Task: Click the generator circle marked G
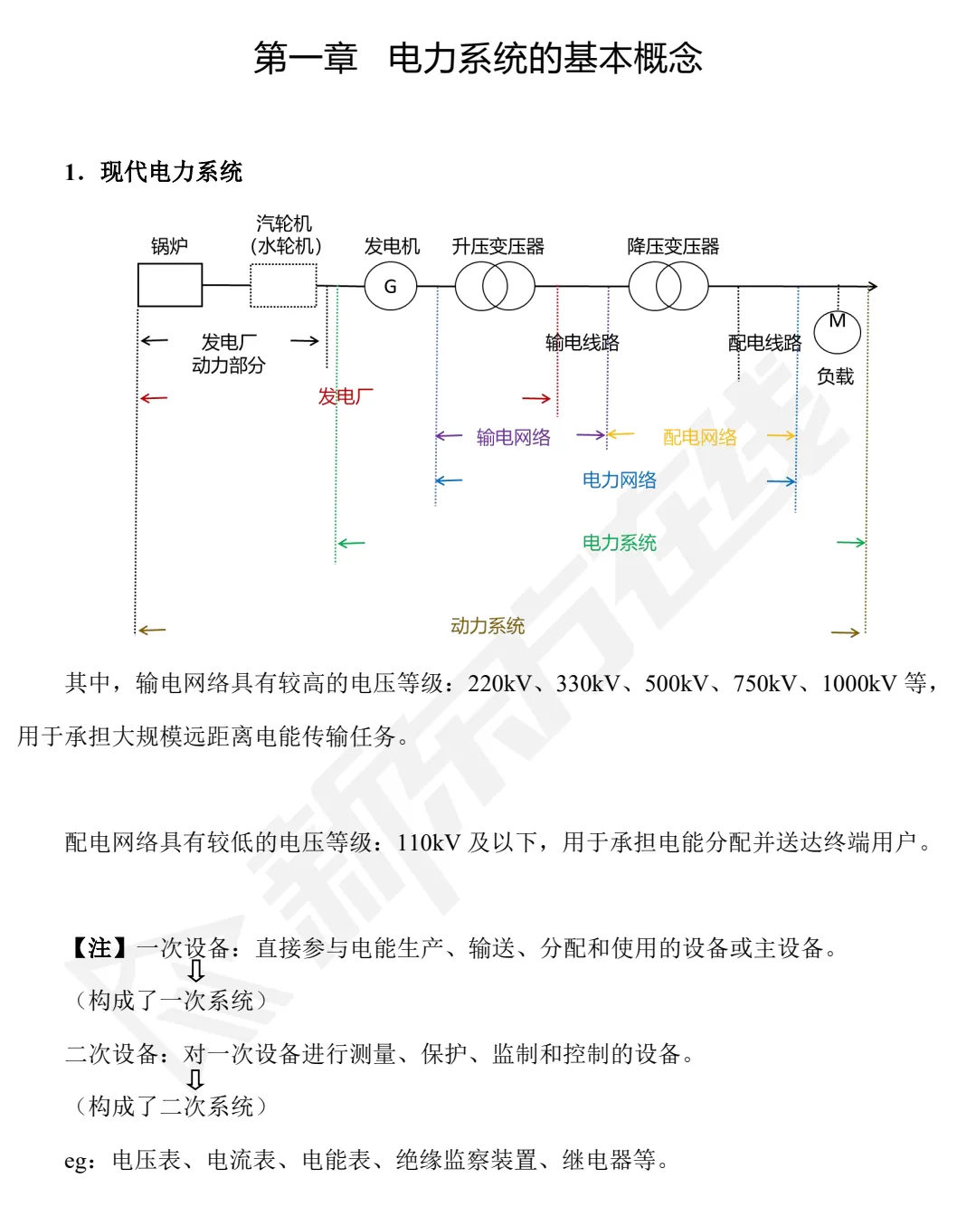(x=391, y=287)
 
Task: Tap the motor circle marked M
(x=837, y=330)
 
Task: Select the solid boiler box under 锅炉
(x=170, y=285)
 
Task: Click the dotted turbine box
(x=283, y=285)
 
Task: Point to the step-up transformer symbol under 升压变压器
(x=495, y=287)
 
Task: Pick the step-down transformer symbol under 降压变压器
(x=668, y=287)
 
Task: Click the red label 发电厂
(x=345, y=396)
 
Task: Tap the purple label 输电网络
(x=513, y=437)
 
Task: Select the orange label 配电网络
(x=699, y=437)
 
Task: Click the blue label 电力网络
(x=619, y=480)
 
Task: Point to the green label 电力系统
(x=619, y=543)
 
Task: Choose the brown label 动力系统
(x=488, y=626)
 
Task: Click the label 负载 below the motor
(x=835, y=376)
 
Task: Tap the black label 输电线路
(x=582, y=343)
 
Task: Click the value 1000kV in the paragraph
(x=859, y=684)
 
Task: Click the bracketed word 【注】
(x=99, y=948)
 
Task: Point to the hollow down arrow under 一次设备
(x=195, y=972)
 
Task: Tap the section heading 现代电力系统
(x=171, y=172)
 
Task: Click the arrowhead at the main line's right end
(x=872, y=287)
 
